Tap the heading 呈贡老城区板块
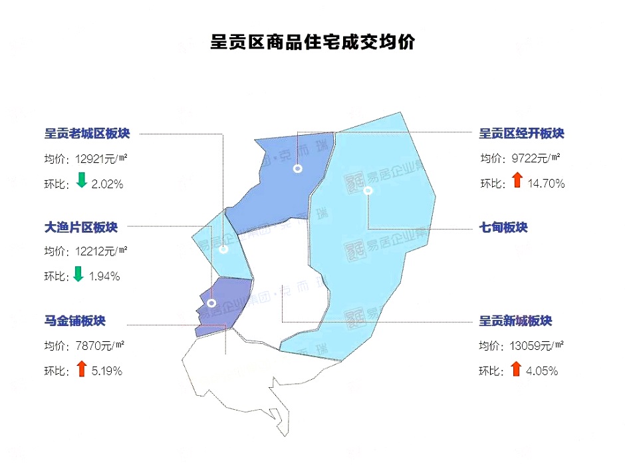(x=87, y=134)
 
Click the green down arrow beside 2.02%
(x=82, y=180)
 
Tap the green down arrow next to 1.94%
(x=78, y=273)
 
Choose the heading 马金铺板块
(x=75, y=322)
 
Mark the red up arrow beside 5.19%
(x=82, y=369)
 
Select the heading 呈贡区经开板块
(x=521, y=134)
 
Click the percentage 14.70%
(x=546, y=183)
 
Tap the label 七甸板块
(x=503, y=228)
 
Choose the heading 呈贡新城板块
(x=516, y=321)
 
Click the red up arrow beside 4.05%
(x=516, y=369)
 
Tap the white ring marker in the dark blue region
(x=298, y=169)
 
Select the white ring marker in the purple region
(x=211, y=303)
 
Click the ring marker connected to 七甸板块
(x=368, y=191)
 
